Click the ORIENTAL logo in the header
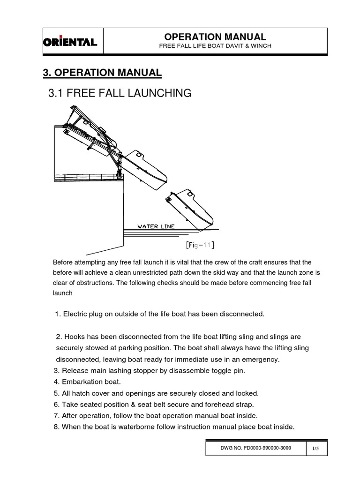(70, 42)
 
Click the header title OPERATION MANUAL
(215, 37)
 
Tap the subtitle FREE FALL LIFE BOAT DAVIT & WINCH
(215, 46)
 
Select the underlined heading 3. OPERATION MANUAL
(102, 72)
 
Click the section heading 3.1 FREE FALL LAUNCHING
(120, 93)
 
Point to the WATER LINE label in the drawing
(156, 226)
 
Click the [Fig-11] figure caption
(200, 244)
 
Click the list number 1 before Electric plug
(57, 314)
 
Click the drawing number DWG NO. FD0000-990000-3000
(255, 448)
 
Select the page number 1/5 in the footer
(315, 449)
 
